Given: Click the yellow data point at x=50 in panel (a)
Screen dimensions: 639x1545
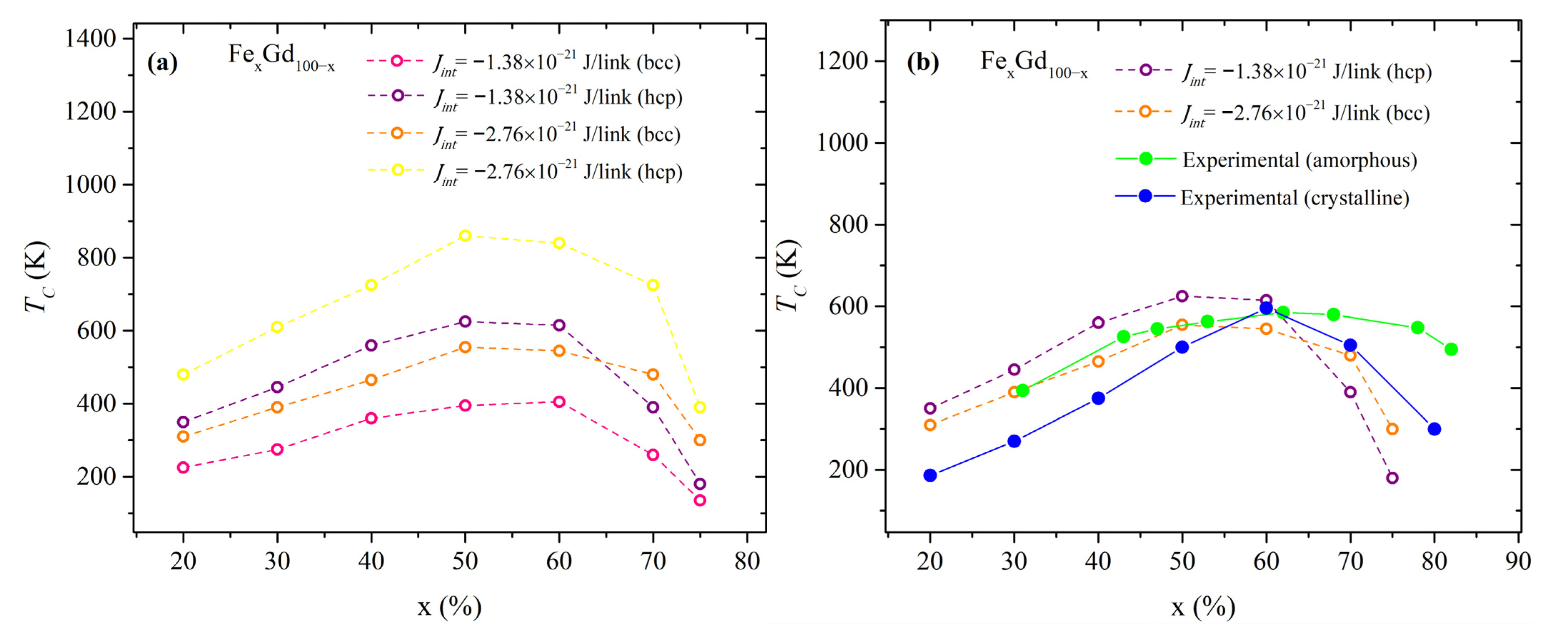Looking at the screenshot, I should (465, 235).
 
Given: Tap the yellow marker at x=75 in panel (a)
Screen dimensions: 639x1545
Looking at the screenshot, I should (699, 407).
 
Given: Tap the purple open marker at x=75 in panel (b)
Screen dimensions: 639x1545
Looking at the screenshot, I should (1392, 478).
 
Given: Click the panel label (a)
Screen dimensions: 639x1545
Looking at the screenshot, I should (162, 62).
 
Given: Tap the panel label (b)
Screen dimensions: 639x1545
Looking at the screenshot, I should (922, 62).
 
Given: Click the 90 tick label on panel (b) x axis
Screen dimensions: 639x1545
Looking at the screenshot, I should (1518, 561).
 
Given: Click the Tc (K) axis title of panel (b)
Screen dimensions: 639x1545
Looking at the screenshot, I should (789, 276).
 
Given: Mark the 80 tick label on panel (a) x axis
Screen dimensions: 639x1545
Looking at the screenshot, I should (747, 561).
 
